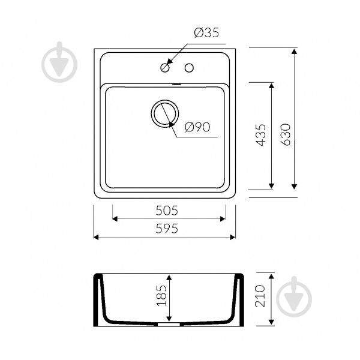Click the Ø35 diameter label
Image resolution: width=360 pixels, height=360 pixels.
206,32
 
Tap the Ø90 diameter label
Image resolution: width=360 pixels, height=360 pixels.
197,127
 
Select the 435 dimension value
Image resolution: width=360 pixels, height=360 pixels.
260,135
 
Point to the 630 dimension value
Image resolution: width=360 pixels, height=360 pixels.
286,134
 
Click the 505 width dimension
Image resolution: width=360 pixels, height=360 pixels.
167,211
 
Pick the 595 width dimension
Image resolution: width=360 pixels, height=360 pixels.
167,229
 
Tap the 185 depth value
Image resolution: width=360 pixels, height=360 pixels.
161,295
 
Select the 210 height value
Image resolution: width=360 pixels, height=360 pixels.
260,296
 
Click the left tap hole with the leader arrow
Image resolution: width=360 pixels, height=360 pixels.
165,68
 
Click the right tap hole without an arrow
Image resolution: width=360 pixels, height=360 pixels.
189,68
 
